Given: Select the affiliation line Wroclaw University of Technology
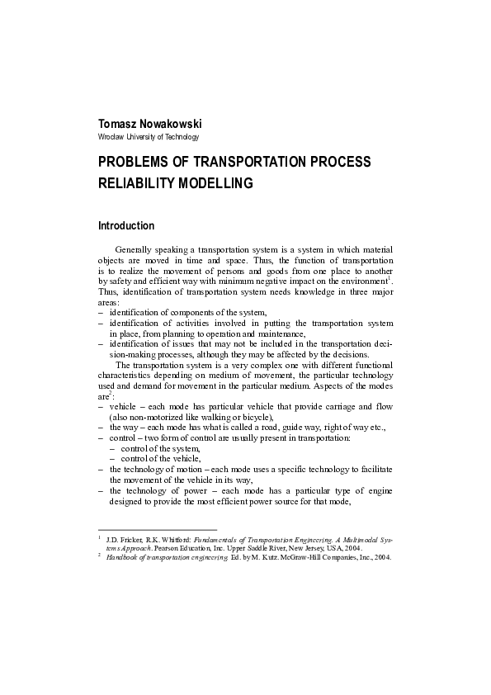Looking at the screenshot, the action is click(149, 136).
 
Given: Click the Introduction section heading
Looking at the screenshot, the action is click(126, 225).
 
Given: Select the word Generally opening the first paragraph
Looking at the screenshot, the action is click(131, 250).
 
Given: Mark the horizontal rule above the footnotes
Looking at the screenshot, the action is click(157, 529).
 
